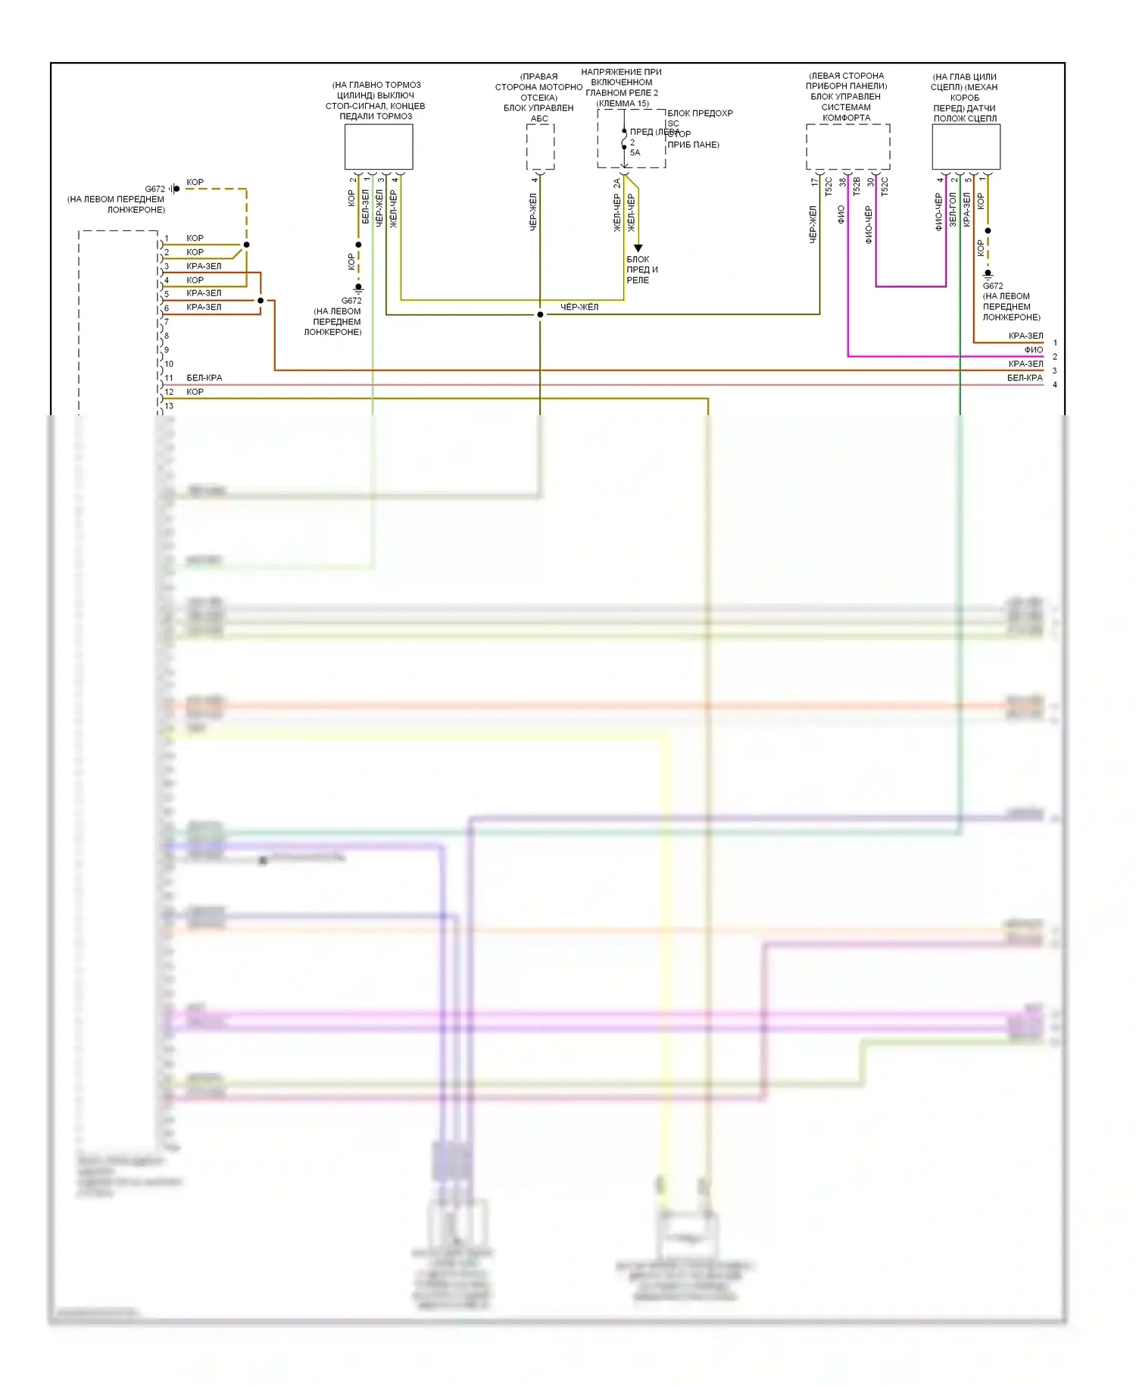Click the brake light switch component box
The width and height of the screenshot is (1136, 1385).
coord(379,147)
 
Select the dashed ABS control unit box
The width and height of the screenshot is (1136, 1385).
coord(540,147)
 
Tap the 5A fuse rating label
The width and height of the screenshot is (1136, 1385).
coord(635,153)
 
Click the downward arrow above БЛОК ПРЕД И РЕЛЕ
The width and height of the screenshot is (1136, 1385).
coord(638,248)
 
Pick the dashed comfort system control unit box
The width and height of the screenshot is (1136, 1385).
coord(847,147)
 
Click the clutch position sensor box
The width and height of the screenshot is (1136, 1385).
coord(966,147)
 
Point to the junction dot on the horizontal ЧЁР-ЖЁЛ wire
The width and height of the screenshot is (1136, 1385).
coord(540,314)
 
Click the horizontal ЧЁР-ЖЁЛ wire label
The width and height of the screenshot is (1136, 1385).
coord(579,307)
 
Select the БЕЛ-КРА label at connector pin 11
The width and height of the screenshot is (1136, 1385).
coord(204,378)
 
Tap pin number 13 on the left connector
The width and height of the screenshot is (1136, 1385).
coord(169,406)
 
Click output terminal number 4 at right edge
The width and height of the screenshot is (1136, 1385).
coord(1055,385)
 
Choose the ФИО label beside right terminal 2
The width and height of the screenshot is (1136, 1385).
coord(1033,350)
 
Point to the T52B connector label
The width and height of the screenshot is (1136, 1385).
coord(857,187)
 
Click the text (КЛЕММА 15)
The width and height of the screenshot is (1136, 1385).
coord(623,104)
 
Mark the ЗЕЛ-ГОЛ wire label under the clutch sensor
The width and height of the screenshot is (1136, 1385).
coord(953,210)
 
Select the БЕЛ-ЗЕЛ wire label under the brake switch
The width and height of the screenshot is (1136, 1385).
coord(366,207)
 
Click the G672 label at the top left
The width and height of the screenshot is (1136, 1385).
coord(154,189)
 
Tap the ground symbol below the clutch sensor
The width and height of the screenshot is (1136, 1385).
coord(988,274)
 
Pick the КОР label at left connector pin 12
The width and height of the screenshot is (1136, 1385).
coord(195,392)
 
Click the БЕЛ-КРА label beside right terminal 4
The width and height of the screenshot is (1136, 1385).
coord(1025,378)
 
